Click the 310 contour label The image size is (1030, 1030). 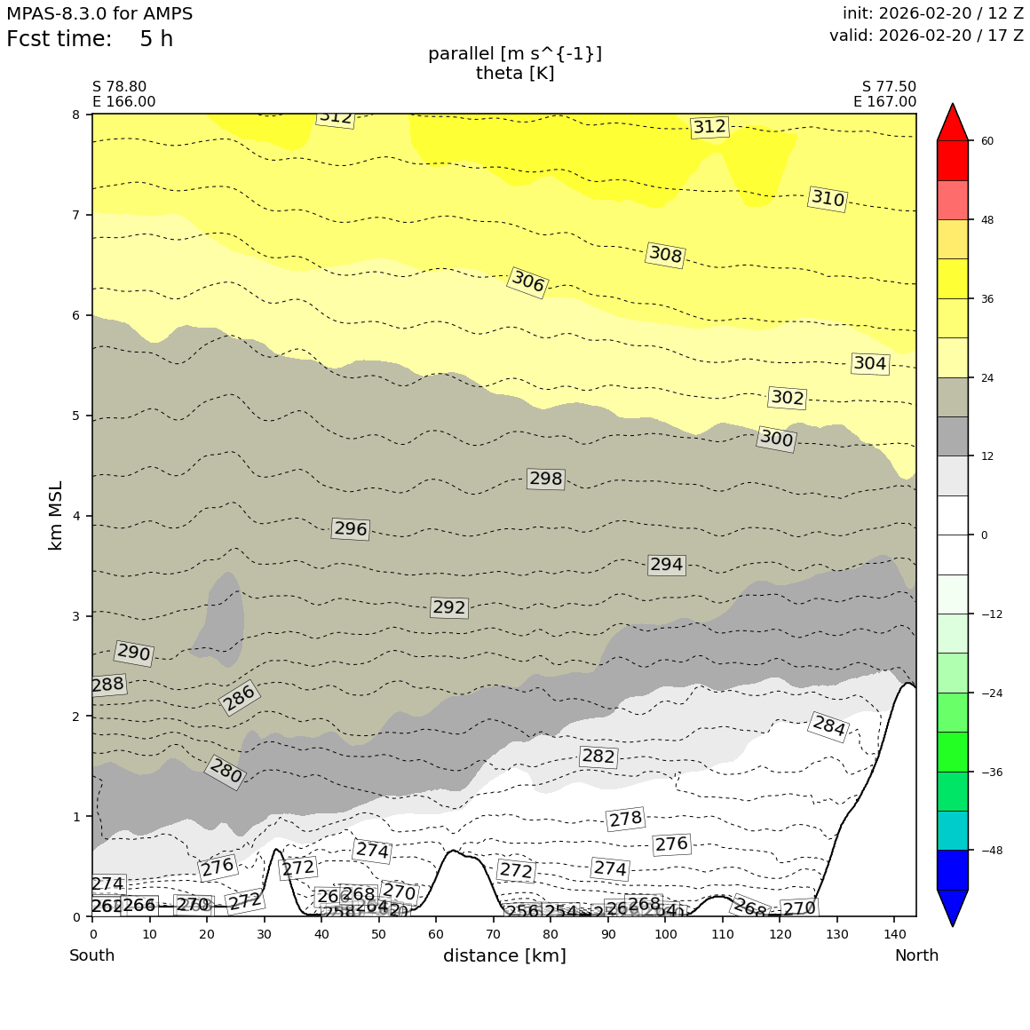[x=828, y=199]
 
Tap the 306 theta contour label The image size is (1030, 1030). [x=527, y=282]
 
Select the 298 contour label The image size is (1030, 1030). [x=545, y=479]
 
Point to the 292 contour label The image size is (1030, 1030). [x=448, y=607]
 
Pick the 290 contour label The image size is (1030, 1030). [x=134, y=653]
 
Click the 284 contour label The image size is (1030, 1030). [x=828, y=726]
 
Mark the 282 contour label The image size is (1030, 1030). [x=598, y=757]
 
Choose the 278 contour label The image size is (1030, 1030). [x=625, y=819]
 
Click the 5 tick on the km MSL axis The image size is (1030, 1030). [x=75, y=416]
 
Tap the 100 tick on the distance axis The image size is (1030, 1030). [x=665, y=934]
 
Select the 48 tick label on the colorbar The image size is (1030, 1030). [x=986, y=220]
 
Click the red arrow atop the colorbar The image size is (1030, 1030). [x=953, y=122]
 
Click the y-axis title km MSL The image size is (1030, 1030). [x=56, y=515]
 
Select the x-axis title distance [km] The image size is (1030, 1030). [x=504, y=955]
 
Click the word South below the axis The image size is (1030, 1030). [x=92, y=955]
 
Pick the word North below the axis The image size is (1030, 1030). [x=916, y=955]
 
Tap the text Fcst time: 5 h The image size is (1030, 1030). [x=90, y=40]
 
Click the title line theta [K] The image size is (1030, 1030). [x=515, y=73]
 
